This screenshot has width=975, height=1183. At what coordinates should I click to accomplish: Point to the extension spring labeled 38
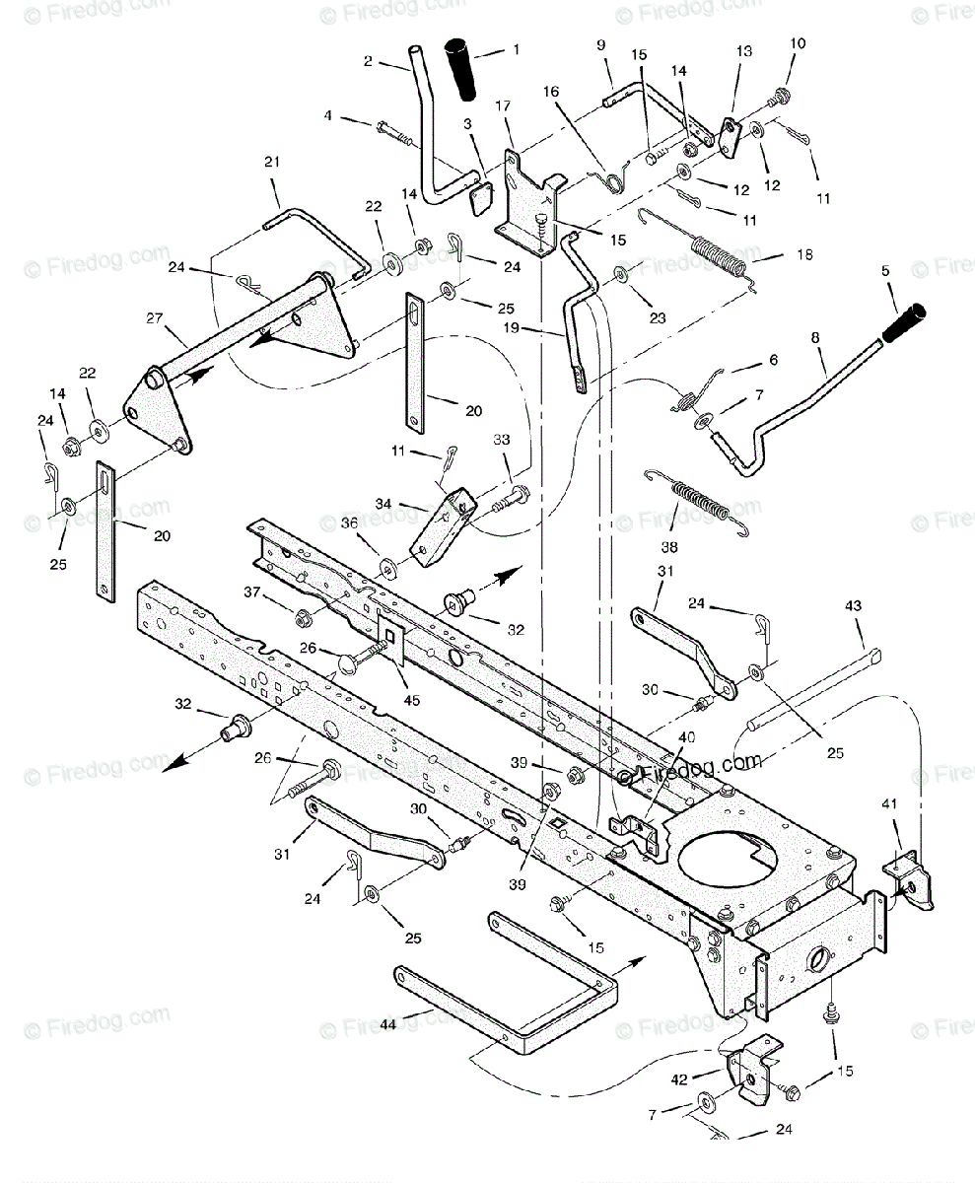[x=702, y=502]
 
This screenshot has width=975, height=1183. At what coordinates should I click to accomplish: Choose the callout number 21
[x=272, y=161]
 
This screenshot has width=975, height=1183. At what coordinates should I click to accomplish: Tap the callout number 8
[x=816, y=338]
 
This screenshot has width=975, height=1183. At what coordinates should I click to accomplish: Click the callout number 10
[x=797, y=43]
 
